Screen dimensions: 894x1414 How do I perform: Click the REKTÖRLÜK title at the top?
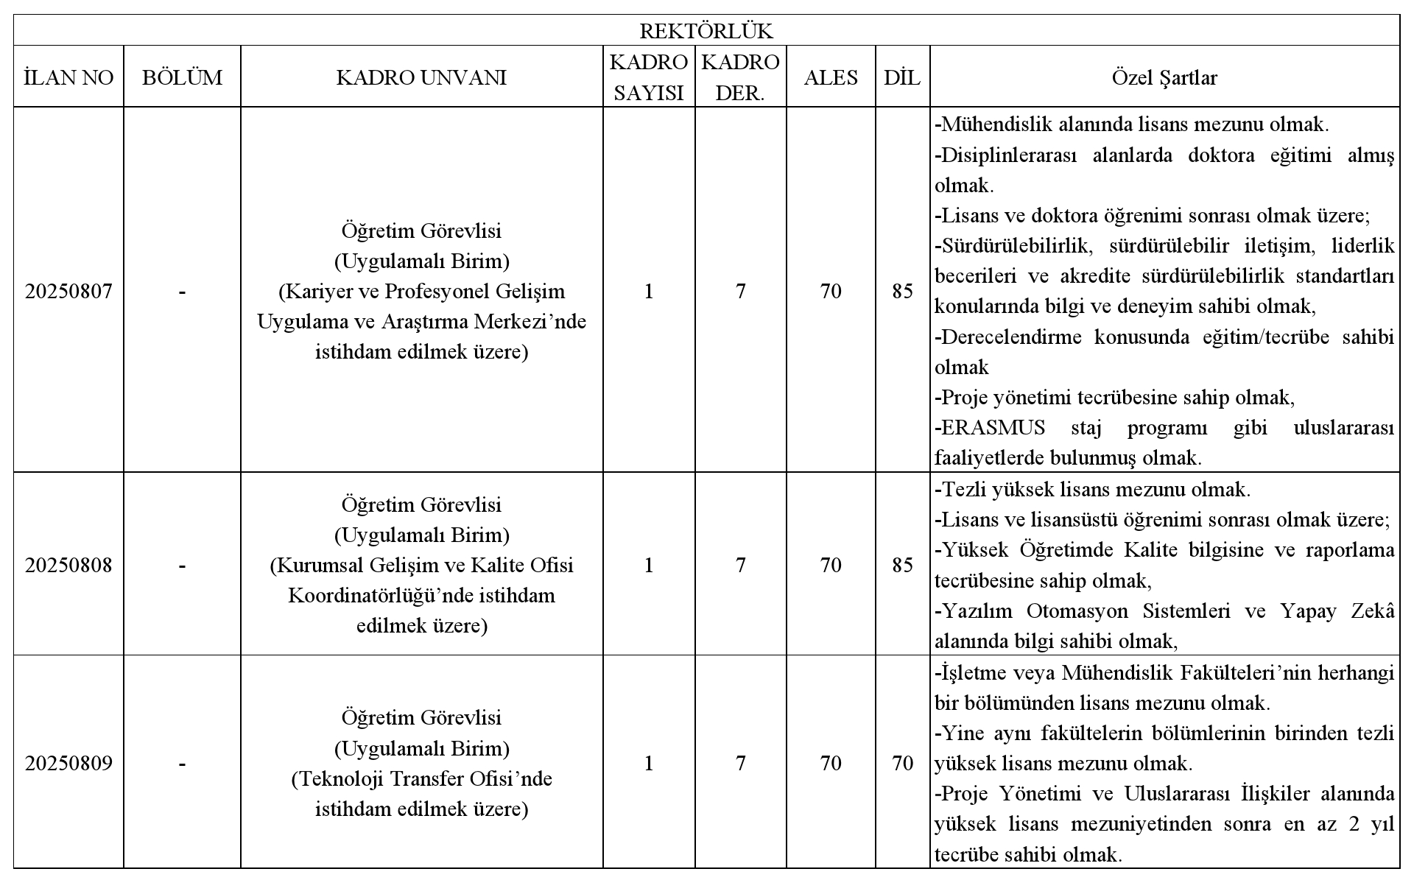(x=706, y=31)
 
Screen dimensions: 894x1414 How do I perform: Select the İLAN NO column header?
(x=68, y=77)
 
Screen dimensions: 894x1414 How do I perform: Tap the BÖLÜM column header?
(x=182, y=77)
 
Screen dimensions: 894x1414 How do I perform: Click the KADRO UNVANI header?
(x=421, y=77)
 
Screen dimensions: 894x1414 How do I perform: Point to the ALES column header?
(x=831, y=77)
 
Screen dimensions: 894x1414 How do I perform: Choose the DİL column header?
(x=902, y=77)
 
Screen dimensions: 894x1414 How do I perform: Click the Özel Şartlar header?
(x=1164, y=77)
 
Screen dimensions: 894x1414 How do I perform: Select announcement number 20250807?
(x=68, y=292)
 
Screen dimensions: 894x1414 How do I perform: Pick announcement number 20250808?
(x=68, y=565)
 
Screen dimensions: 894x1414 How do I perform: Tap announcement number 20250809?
(x=68, y=763)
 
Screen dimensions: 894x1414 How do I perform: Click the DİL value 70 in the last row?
(x=902, y=763)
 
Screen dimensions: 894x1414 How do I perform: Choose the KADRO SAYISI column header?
(x=648, y=77)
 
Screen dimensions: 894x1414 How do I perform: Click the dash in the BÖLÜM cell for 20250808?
(x=182, y=565)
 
